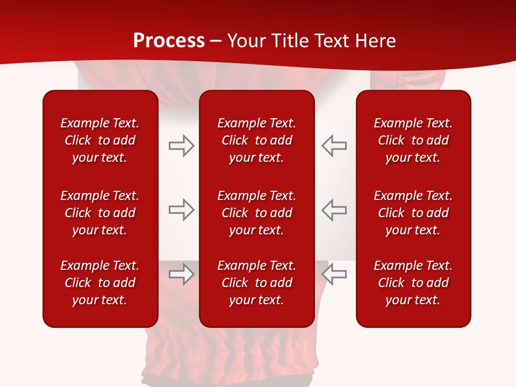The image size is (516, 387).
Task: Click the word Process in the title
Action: [x=169, y=41]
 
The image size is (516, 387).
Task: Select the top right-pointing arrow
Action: [x=181, y=146]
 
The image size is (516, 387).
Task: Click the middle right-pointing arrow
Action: [x=181, y=210]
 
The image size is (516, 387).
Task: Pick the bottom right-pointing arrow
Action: [x=181, y=274]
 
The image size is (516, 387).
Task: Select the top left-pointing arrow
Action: [x=334, y=146]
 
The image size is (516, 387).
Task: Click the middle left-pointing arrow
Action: [x=334, y=210]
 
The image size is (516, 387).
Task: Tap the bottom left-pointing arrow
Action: [x=334, y=274]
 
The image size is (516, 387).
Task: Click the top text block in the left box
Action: [x=100, y=140]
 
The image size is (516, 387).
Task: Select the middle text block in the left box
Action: [x=100, y=213]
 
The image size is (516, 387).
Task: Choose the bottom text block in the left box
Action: [x=100, y=283]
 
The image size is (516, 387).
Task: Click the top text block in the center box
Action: [x=256, y=140]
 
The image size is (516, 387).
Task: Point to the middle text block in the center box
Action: [x=256, y=213]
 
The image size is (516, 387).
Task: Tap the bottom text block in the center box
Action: [x=256, y=283]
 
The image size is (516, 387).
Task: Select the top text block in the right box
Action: [x=413, y=140]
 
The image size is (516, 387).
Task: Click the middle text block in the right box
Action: [x=413, y=213]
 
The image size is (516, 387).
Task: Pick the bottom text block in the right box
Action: [x=413, y=283]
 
